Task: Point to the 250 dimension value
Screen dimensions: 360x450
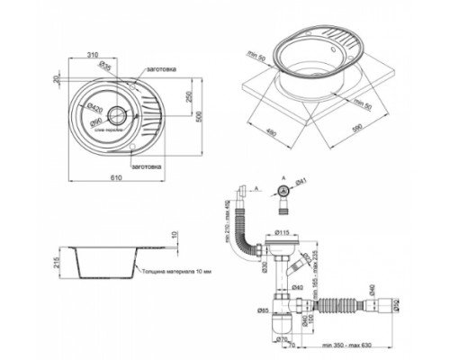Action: [x=186, y=96]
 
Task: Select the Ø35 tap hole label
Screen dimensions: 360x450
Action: [x=103, y=66]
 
